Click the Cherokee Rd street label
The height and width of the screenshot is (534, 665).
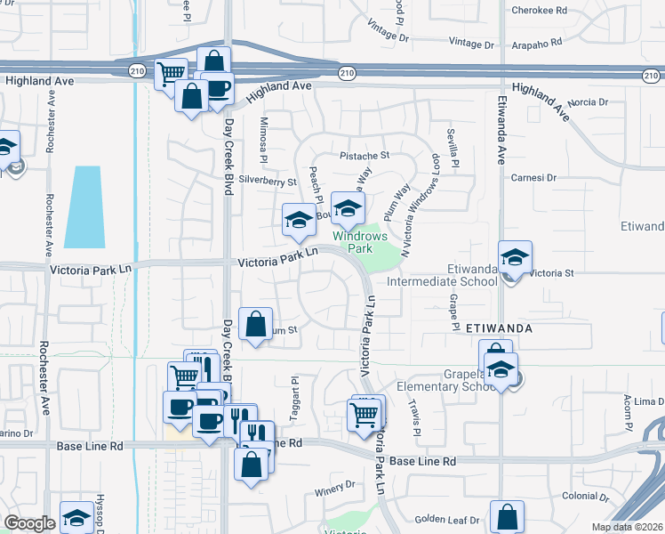[x=540, y=11]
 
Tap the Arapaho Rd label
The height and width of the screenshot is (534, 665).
[x=538, y=41]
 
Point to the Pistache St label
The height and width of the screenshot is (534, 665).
[x=365, y=155]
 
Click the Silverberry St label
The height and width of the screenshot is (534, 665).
[x=268, y=181]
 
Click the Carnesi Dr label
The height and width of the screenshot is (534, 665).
[x=533, y=178]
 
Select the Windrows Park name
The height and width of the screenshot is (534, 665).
[x=360, y=242]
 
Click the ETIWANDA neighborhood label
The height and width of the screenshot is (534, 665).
[x=499, y=328]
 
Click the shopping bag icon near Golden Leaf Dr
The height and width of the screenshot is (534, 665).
[x=507, y=516]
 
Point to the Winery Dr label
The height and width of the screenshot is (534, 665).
[x=335, y=486]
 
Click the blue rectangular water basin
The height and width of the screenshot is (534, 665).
[x=88, y=207]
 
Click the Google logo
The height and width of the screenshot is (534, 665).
[x=29, y=523]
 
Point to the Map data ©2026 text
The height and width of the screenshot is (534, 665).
[x=626, y=527]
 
